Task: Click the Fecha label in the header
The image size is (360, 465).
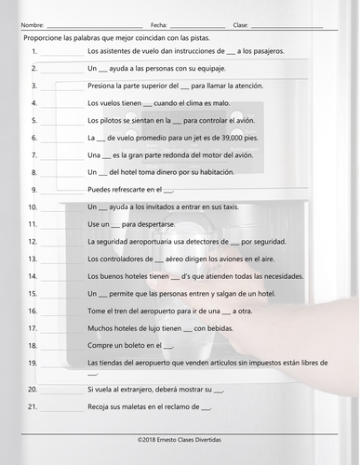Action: [x=158, y=25]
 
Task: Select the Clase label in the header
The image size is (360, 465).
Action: [x=240, y=25]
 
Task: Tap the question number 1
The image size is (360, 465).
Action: [x=33, y=51]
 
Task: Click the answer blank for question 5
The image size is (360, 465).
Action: [x=61, y=121]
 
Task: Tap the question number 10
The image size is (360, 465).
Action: [x=33, y=206]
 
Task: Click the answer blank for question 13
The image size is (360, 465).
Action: [x=61, y=259]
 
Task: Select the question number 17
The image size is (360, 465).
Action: [x=33, y=327]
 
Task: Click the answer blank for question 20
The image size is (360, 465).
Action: [x=61, y=388]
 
